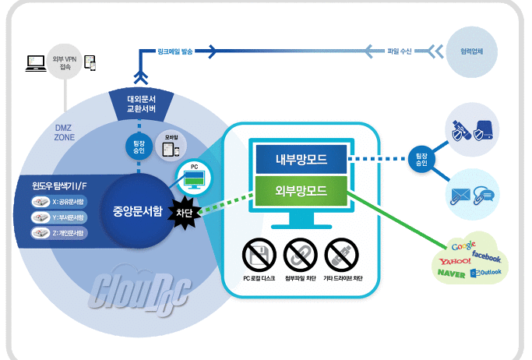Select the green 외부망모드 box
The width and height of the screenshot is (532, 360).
click(300, 190)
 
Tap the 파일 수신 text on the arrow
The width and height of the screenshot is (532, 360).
click(401, 52)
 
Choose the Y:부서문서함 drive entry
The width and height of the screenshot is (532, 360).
click(63, 218)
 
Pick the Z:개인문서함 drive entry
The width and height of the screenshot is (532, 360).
click(63, 233)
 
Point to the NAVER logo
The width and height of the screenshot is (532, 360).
click(452, 274)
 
